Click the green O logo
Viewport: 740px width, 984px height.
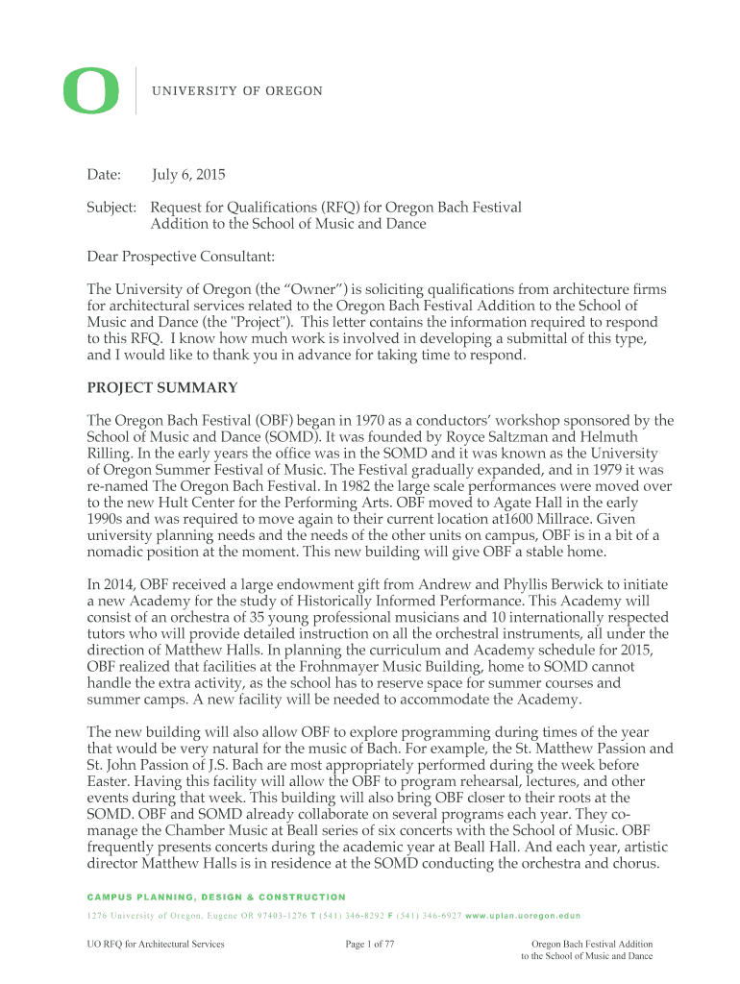(x=91, y=90)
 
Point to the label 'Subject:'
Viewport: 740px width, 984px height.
(x=113, y=208)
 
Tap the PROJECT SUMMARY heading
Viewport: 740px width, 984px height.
(x=162, y=388)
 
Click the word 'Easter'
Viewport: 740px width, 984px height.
(x=108, y=781)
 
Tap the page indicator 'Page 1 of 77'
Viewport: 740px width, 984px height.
(x=370, y=945)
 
